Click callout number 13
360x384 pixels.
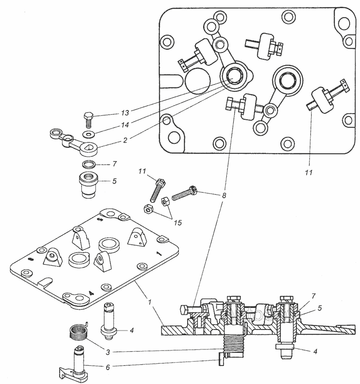(x=125, y=113)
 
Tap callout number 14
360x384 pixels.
(x=125, y=125)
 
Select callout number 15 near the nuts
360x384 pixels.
(x=178, y=223)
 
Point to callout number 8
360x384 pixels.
(x=224, y=195)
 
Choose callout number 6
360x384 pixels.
(x=108, y=367)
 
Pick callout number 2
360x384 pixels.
(x=125, y=140)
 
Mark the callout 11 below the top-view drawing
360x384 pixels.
(x=309, y=173)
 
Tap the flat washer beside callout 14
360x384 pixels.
(x=87, y=134)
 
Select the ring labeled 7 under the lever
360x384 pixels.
(x=89, y=164)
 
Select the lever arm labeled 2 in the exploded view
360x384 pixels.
(x=74, y=143)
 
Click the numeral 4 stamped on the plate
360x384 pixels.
(x=91, y=293)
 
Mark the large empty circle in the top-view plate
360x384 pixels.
(x=198, y=81)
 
